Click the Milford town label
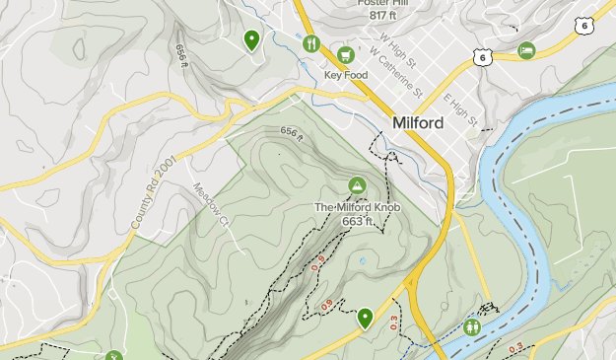[417, 123]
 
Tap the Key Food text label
[344, 74]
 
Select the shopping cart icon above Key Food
[345, 54]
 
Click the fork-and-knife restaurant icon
[311, 42]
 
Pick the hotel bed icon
[527, 49]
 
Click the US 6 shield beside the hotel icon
[481, 59]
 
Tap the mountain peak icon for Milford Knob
[357, 185]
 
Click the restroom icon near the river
[472, 325]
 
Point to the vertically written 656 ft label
[181, 55]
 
